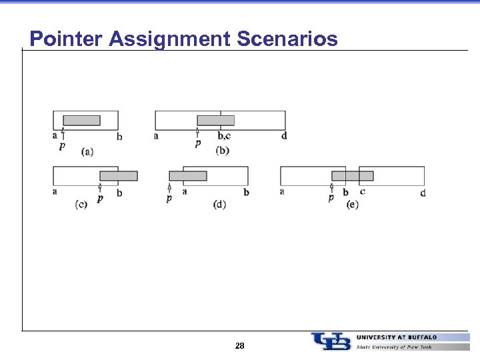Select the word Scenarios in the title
pos(287,39)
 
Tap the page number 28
pos(240,345)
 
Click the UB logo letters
pos(331,341)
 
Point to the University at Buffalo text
pos(397,337)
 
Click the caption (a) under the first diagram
pos(87,151)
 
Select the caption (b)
pos(222,151)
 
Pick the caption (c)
pos(81,204)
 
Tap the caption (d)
pos(219,204)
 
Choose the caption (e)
pos(353,204)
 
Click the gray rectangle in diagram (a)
pos(81,120)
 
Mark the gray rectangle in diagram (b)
pos(216,120)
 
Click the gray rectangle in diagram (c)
pos(119,176)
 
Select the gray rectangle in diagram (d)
pos(188,176)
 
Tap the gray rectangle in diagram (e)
pos(353,176)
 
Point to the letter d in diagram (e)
pos(423,193)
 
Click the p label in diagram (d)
pos(169,198)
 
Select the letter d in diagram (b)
pos(284,136)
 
